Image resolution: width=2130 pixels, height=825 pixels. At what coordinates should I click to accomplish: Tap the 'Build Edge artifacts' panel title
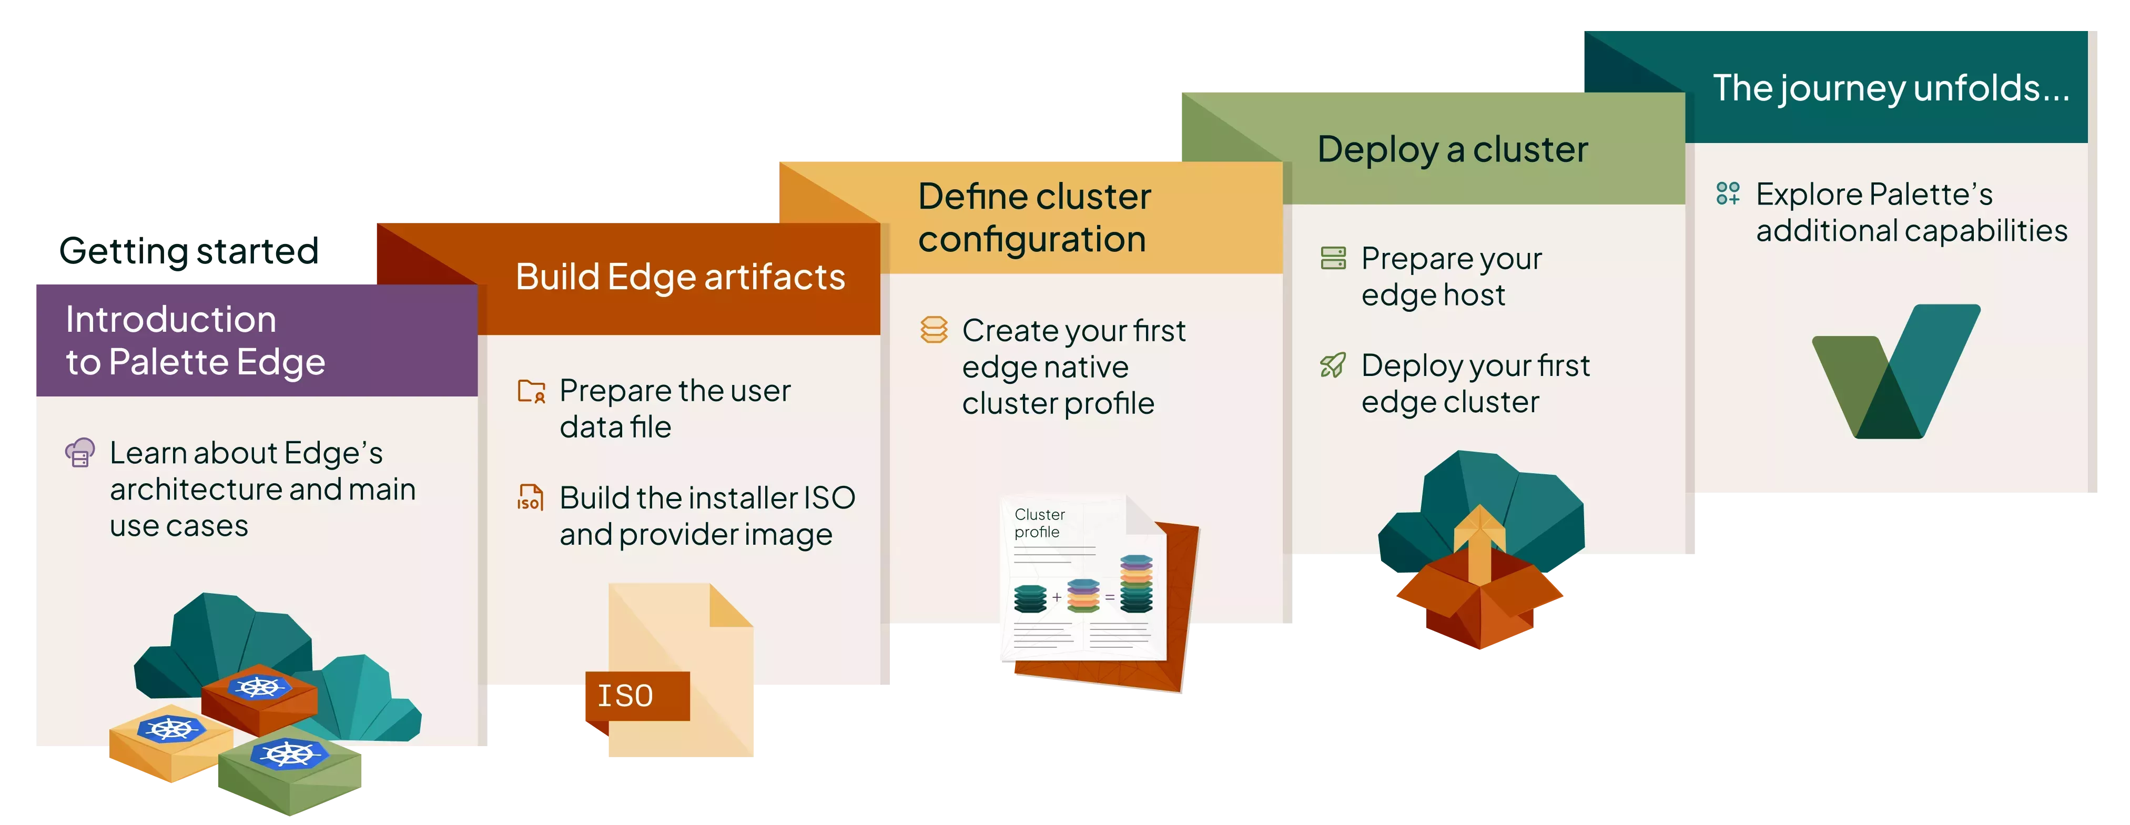coord(679,277)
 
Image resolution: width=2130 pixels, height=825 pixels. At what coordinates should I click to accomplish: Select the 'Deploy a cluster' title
coord(1452,150)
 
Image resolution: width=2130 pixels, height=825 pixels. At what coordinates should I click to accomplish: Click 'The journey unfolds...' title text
coord(1890,88)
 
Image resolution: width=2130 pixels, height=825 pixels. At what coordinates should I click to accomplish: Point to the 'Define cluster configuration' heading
coord(1033,217)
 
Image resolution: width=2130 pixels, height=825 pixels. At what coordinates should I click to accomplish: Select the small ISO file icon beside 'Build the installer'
coord(530,497)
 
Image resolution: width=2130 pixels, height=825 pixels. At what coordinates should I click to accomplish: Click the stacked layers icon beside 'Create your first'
coord(934,330)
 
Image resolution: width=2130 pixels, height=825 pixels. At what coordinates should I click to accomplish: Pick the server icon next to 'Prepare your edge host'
coord(1333,258)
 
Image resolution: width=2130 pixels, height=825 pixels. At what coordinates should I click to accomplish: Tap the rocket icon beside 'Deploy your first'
coord(1333,364)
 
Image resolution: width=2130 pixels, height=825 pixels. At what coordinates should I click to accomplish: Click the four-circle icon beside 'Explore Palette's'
coord(1727,193)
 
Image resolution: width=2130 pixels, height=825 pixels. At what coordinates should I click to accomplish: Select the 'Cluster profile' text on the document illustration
coord(1039,523)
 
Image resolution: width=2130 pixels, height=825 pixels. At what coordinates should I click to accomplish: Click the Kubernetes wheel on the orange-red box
coord(258,686)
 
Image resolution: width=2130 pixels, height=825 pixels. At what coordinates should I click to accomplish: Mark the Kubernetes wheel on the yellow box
coord(171,728)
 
